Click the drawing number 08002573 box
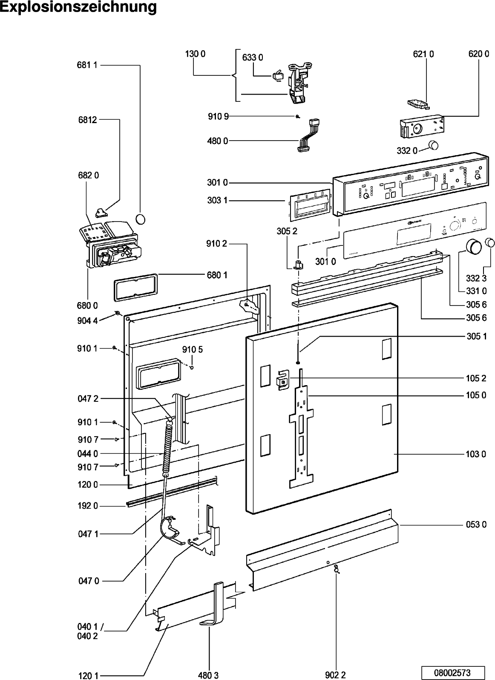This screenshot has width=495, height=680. (x=452, y=672)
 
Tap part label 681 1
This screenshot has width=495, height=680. (x=87, y=65)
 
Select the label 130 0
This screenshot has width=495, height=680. (x=195, y=54)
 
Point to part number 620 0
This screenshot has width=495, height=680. (x=478, y=54)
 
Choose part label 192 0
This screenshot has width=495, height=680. (x=87, y=506)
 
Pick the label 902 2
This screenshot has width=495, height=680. (x=335, y=674)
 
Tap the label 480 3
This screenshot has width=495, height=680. (x=208, y=674)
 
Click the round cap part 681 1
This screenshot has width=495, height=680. (x=140, y=219)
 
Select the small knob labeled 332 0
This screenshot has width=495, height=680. (x=433, y=145)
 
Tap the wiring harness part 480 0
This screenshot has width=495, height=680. (x=309, y=135)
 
